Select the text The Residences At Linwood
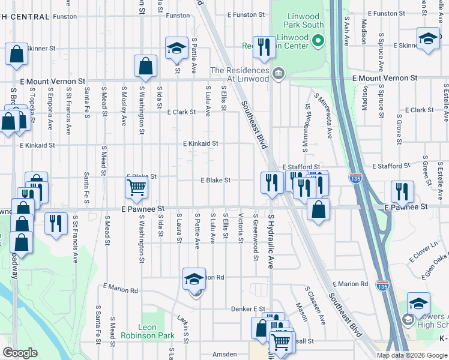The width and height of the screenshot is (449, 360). [239, 74]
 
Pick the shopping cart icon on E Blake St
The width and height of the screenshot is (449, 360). [137, 188]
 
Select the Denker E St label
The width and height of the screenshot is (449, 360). [248, 309]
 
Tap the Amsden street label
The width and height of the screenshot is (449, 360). [224, 355]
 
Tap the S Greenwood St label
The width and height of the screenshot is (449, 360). [255, 237]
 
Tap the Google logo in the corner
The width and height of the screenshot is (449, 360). [20, 353]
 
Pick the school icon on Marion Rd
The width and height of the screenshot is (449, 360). [194, 280]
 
